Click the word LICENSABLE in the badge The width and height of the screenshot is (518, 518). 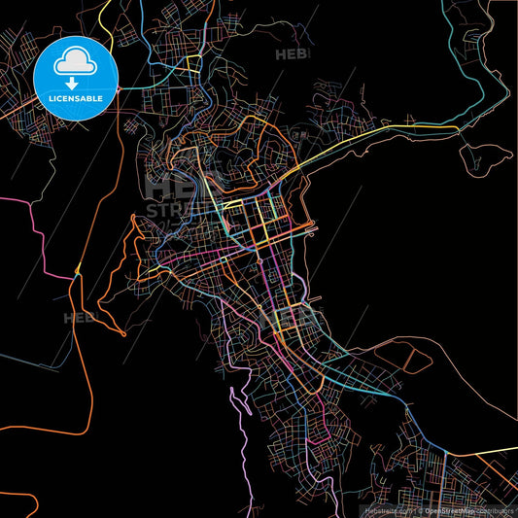(75, 99)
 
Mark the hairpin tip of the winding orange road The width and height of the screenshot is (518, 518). (123, 333)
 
